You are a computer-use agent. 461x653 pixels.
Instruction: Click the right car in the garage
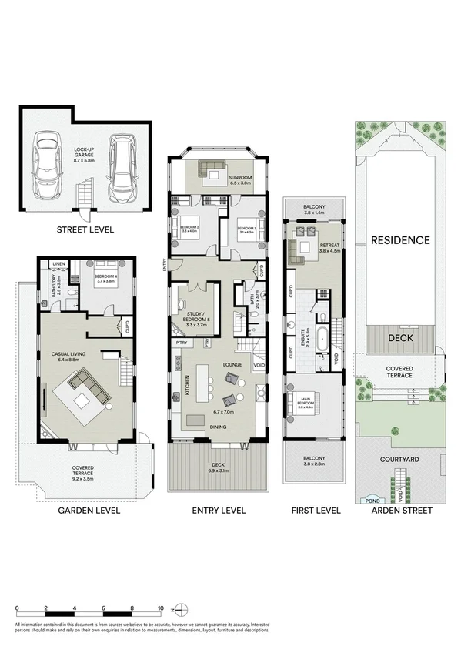[x=121, y=165]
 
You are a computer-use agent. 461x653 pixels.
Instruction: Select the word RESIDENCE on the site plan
[x=400, y=239]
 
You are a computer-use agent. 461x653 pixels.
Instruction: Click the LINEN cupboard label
[x=58, y=265]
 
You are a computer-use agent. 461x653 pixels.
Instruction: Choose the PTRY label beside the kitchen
[x=182, y=342]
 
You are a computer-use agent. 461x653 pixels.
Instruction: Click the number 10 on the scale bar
[x=160, y=608]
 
